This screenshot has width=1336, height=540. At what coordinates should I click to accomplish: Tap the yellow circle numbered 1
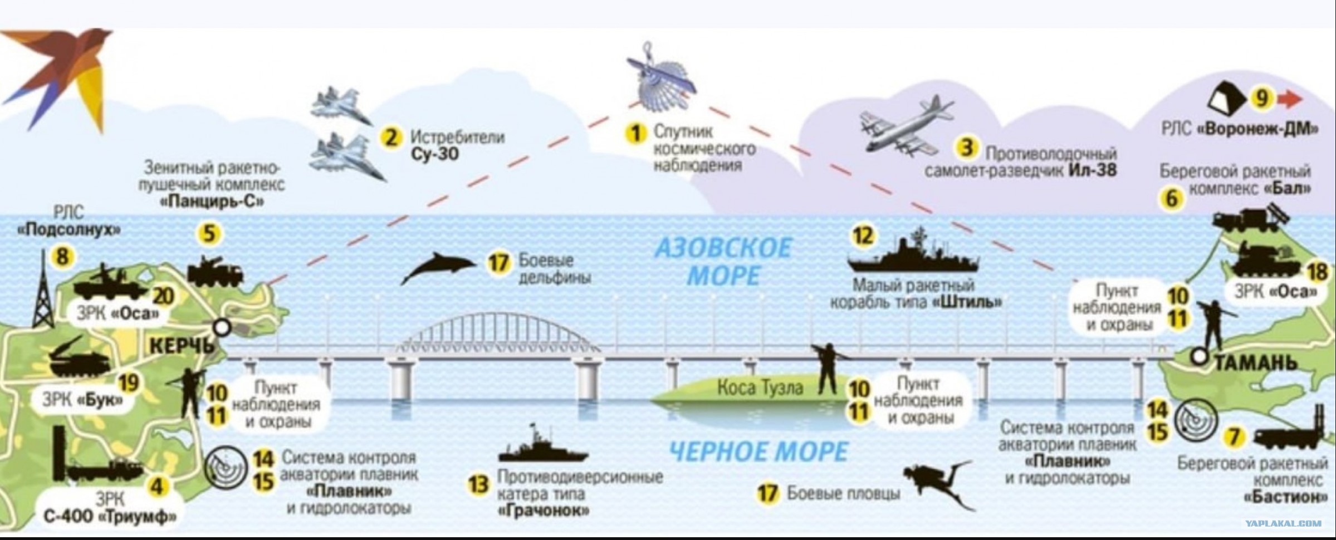tap(635, 134)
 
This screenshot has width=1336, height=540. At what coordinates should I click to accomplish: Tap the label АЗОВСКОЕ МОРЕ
tap(723, 261)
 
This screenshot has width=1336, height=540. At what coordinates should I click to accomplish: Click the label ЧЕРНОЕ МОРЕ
tap(758, 451)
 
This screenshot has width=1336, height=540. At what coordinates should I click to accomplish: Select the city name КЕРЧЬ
tap(182, 346)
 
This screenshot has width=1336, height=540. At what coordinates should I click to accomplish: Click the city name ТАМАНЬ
tap(1256, 363)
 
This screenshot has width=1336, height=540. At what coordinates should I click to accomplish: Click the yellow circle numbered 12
tap(863, 236)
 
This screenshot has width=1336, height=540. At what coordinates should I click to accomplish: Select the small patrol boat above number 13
tap(543, 446)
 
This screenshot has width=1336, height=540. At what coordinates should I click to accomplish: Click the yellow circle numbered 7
tap(1234, 437)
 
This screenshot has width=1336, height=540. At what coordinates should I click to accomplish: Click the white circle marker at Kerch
tap(222, 328)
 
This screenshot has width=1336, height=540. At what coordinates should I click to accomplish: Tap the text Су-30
tap(435, 154)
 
